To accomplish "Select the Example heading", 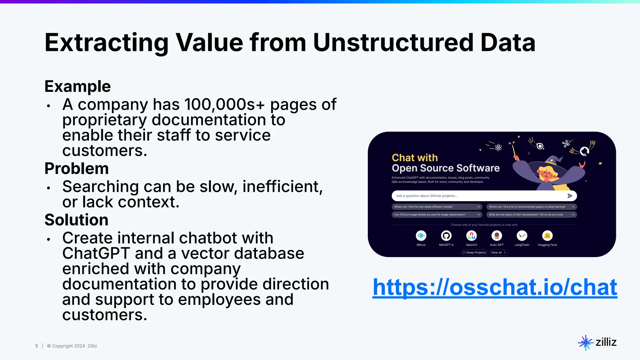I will click(77, 86).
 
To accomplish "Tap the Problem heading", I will click(77, 168).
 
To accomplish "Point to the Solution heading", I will click(76, 220).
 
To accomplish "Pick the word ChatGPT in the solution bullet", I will click(96, 253).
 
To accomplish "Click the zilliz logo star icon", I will click(585, 342).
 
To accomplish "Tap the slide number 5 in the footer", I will click(37, 346).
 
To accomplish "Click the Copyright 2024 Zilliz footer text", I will click(72, 346).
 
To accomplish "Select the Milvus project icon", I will click(421, 236).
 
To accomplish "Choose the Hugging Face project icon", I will click(547, 236).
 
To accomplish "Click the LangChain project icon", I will click(522, 236).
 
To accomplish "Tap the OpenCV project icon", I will click(471, 236).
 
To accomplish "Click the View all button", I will click(498, 252).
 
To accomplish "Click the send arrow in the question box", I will click(570, 196).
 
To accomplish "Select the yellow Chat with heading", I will click(415, 157).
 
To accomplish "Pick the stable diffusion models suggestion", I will click(437, 207).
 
